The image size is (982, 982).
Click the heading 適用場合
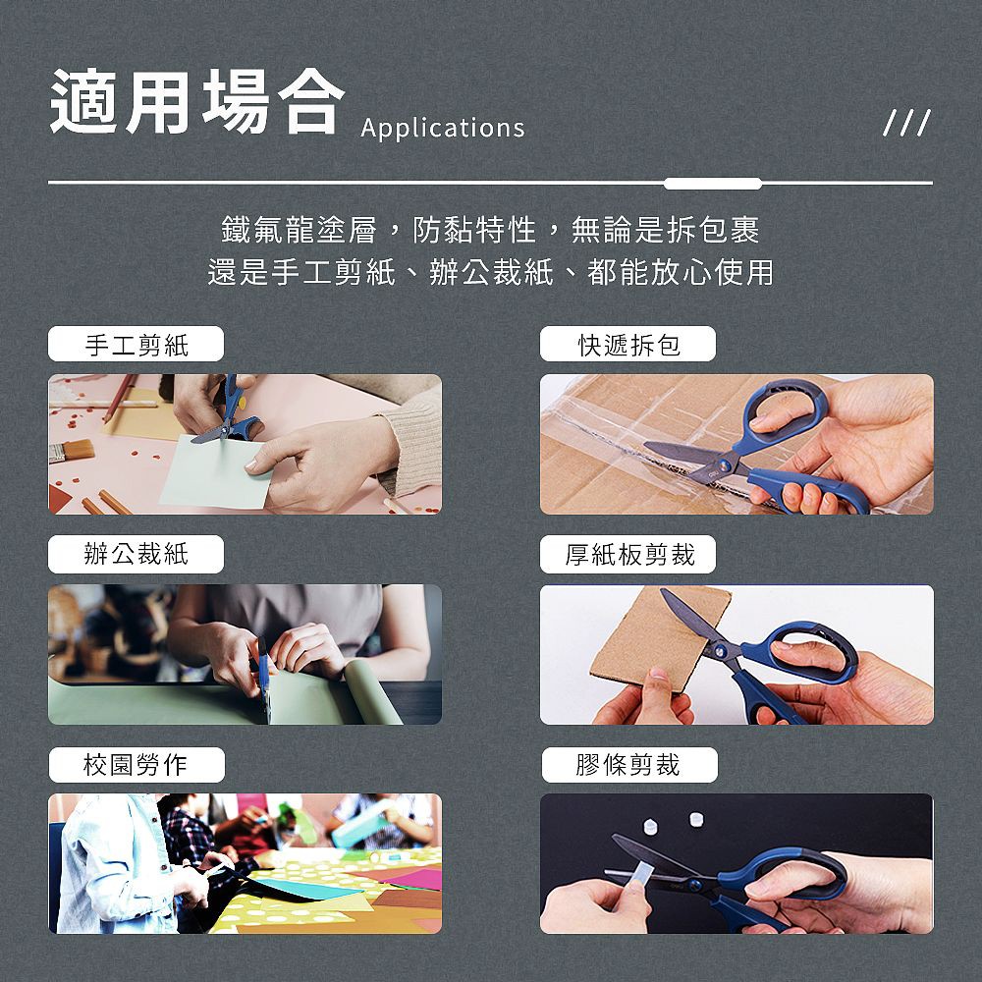click(x=197, y=101)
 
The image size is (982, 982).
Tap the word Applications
click(x=443, y=128)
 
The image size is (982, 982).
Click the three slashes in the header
click(x=906, y=123)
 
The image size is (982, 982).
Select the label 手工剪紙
click(x=136, y=345)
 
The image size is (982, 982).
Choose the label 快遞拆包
click(x=628, y=345)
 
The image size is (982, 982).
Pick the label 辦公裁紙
click(x=136, y=554)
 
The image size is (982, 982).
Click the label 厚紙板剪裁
click(x=628, y=554)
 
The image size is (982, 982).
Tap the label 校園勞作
click(x=136, y=765)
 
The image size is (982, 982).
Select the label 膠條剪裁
click(x=628, y=765)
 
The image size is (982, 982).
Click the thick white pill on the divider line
click(x=713, y=184)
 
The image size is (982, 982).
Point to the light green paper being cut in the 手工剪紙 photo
click(x=213, y=473)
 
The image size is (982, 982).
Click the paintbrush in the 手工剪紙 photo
click(x=71, y=451)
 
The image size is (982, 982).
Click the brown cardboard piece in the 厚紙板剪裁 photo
click(x=659, y=639)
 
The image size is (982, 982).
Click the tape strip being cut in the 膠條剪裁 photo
click(x=640, y=872)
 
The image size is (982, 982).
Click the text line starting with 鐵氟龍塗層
click(x=490, y=230)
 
